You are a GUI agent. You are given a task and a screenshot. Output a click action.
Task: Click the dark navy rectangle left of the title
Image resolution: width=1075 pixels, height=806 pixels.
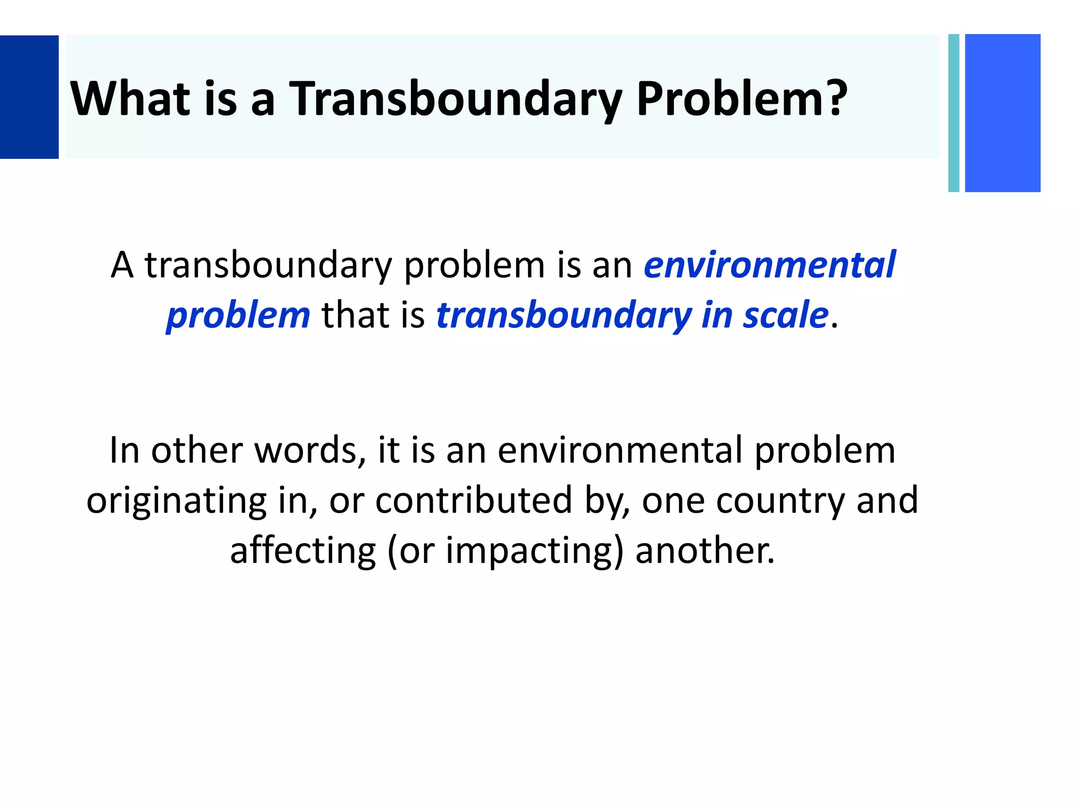tap(29, 97)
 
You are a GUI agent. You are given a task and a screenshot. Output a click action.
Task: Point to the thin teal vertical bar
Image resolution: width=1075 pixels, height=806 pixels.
tap(954, 113)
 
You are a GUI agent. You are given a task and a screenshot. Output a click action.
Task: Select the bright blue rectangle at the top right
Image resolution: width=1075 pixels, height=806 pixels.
tap(1003, 113)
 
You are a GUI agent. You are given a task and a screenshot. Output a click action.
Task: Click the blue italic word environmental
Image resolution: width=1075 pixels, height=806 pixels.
tap(770, 264)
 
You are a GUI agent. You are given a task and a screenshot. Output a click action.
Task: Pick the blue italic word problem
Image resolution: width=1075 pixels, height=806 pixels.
tap(238, 315)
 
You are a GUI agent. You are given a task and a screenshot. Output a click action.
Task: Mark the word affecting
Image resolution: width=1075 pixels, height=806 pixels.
tap(303, 550)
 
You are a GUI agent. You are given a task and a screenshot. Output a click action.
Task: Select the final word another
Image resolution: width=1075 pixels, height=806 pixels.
tap(704, 550)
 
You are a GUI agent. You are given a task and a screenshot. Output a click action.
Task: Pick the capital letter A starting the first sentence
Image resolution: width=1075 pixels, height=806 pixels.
tap(122, 264)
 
